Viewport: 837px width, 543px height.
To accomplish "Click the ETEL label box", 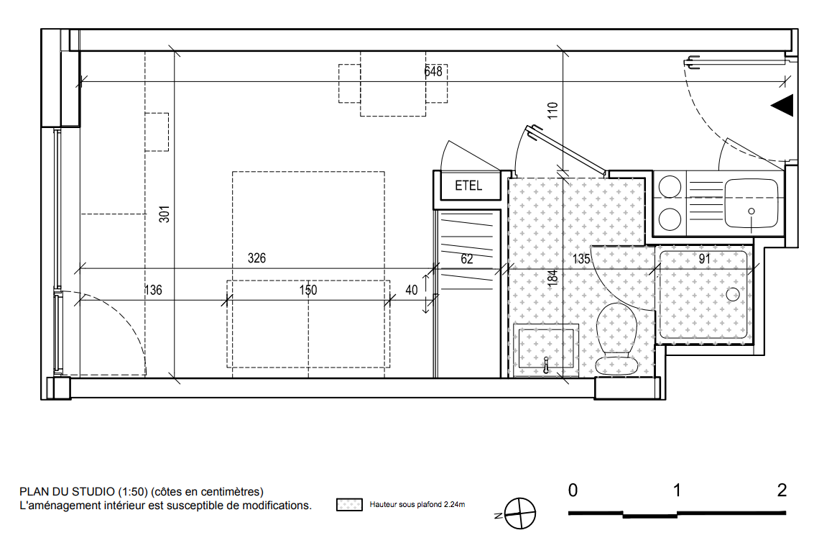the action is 469,186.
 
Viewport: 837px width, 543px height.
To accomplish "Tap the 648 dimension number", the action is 433,71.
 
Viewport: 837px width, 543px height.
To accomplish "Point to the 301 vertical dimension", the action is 165,214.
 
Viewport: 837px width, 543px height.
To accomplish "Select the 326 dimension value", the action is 256,258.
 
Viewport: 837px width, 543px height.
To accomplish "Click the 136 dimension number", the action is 153,291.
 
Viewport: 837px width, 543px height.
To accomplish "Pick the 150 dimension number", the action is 308,291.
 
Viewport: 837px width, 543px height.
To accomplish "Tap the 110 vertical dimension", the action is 552,111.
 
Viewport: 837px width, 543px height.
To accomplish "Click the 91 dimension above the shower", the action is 705,259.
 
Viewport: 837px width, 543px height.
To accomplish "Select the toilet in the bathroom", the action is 617,339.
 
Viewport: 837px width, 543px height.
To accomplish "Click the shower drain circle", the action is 733,294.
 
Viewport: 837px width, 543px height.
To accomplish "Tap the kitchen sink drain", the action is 752,211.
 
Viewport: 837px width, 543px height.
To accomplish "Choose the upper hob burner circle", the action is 670,187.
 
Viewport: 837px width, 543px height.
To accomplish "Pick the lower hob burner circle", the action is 670,219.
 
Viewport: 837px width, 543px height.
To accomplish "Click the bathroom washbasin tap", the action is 545,365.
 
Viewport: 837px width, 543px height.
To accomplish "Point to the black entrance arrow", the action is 782,105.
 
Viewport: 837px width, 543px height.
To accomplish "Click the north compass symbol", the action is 519,514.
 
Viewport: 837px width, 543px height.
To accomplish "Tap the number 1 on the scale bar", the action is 677,490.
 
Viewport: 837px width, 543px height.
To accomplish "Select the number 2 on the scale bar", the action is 782,490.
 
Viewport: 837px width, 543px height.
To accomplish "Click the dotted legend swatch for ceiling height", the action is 350,504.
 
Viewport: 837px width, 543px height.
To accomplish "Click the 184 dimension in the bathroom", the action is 552,278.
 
